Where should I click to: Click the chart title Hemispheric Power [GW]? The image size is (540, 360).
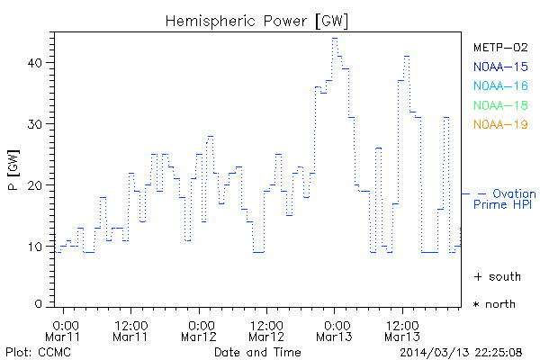click(x=257, y=19)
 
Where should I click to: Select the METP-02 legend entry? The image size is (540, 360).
click(x=499, y=47)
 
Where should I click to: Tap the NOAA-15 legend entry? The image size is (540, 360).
click(x=499, y=66)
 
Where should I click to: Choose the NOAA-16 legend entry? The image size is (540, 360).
click(x=499, y=85)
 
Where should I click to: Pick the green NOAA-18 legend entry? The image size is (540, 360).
click(x=499, y=105)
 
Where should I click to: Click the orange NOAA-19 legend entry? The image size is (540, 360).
click(x=499, y=124)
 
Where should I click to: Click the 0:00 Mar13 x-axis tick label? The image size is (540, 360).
click(x=335, y=329)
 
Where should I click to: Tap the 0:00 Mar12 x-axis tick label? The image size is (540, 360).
click(x=200, y=329)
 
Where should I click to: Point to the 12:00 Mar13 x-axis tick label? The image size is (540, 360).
click(x=402, y=329)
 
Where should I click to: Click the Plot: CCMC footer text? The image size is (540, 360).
click(x=34, y=351)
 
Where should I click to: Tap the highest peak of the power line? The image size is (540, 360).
click(x=334, y=38)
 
